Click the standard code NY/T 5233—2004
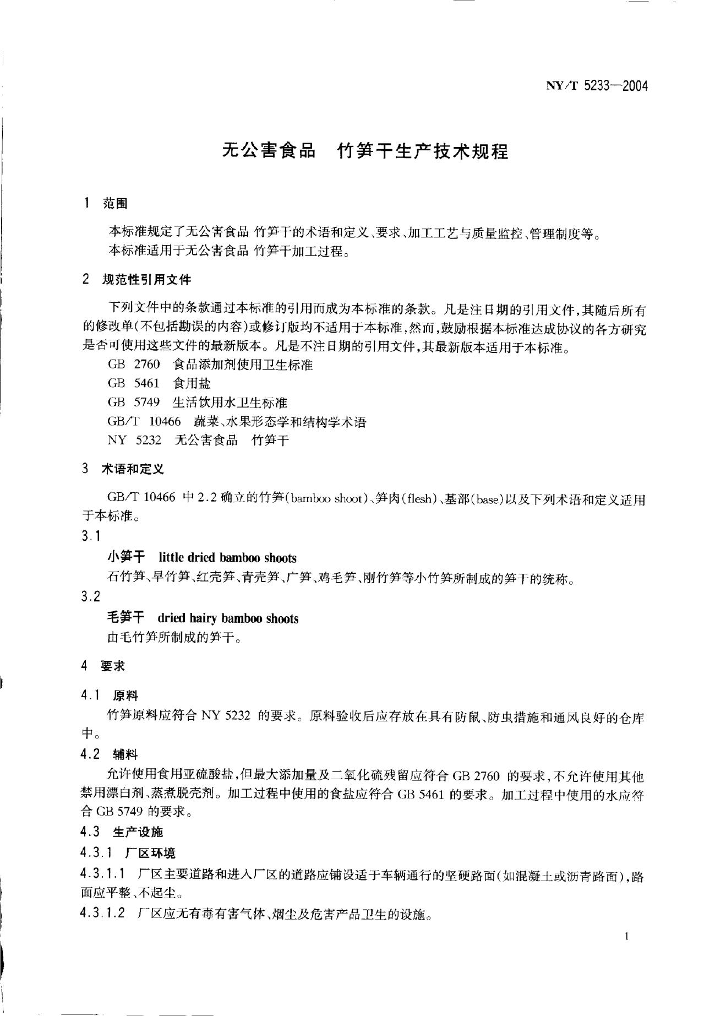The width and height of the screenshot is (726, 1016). pos(597,86)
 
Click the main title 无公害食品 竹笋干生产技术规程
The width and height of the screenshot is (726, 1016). pos(365,150)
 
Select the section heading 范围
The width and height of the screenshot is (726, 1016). pos(115,204)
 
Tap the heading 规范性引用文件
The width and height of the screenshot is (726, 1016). pos(146,280)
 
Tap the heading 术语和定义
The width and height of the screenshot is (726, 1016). pos(133,469)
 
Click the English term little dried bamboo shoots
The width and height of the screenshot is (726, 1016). pos(227,558)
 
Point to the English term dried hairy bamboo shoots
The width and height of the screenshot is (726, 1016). pos(228,618)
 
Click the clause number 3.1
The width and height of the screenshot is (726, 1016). pos(91,536)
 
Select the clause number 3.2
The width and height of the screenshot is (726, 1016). pos(91,596)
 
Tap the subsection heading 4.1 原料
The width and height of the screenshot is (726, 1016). pos(110,696)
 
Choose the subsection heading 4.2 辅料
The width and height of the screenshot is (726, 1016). pos(110,754)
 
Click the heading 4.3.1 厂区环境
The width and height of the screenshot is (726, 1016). pos(128,853)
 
